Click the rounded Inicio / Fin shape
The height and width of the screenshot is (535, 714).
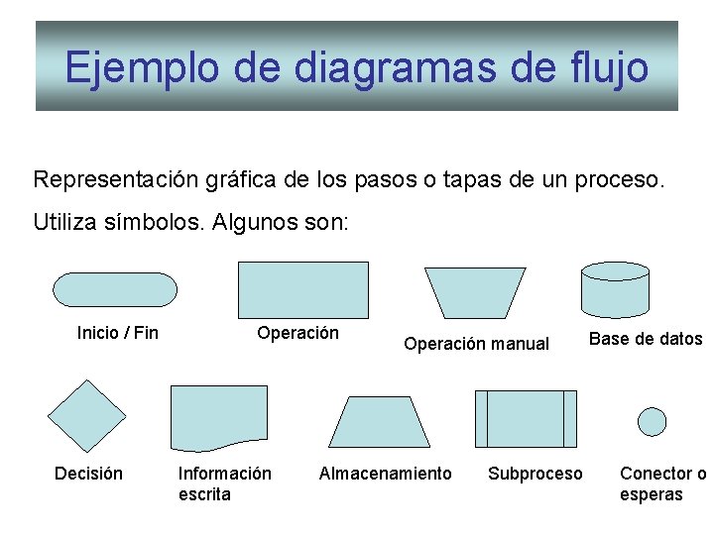click(x=115, y=289)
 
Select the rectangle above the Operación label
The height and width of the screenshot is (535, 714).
click(x=302, y=289)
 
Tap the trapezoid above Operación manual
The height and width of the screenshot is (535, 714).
click(x=475, y=292)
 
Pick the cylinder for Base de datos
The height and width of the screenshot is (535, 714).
click(x=615, y=287)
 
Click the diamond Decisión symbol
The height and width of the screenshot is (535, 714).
click(x=88, y=415)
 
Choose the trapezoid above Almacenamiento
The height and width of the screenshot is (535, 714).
click(x=380, y=421)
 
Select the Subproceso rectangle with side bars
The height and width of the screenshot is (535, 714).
click(x=526, y=418)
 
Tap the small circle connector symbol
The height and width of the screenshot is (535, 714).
click(x=652, y=421)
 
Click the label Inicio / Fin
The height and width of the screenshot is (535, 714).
click(x=117, y=333)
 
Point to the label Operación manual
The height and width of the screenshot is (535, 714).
click(x=476, y=344)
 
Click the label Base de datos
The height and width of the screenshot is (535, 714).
click(x=646, y=339)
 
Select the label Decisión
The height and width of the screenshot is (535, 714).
click(x=88, y=474)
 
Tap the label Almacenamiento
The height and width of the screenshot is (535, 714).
click(x=385, y=474)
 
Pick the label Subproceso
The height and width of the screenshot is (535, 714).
click(x=535, y=474)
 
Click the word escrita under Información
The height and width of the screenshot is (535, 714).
click(x=204, y=493)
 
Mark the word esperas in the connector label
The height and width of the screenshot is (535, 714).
click(x=651, y=493)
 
